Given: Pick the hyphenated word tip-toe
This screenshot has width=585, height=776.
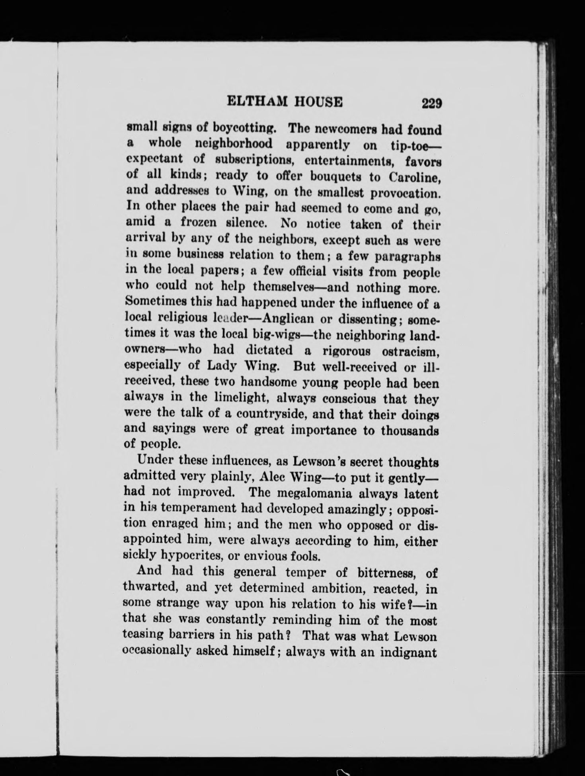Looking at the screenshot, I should [x=415, y=145].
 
